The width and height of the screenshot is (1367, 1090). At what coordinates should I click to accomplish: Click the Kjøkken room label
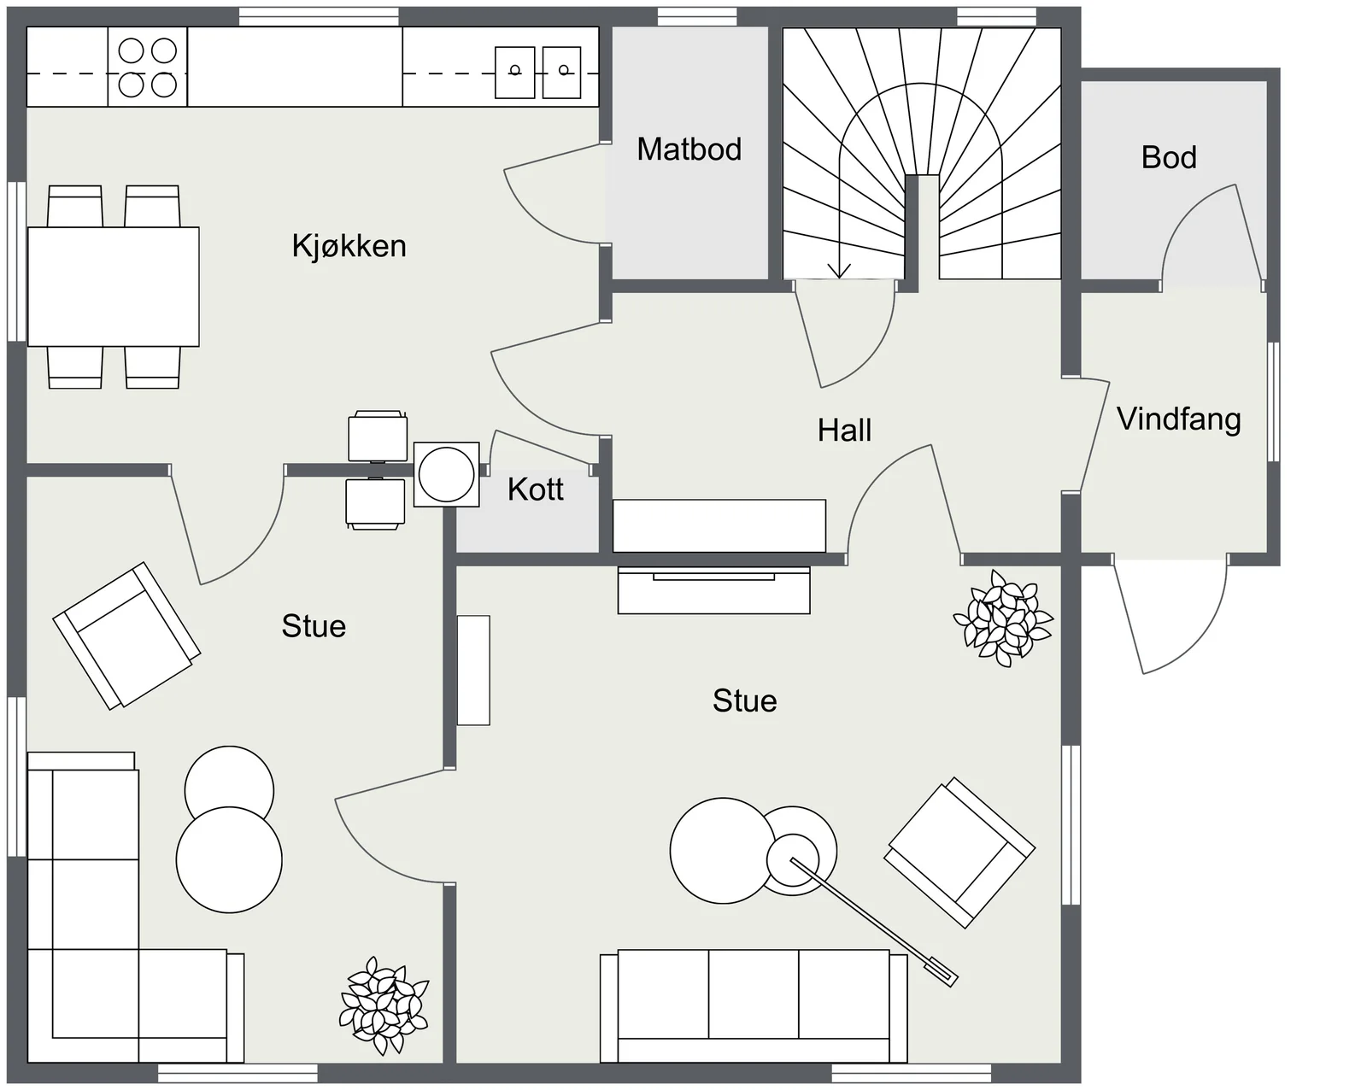point(349,247)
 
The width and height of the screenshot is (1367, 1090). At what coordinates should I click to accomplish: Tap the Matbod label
point(689,149)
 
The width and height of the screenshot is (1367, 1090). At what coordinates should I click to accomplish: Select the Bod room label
point(1169,157)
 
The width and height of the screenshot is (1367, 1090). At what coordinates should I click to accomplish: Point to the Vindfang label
point(1179,419)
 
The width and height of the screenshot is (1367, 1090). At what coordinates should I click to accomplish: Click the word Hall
point(844,431)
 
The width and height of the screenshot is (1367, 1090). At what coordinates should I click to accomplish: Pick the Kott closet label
point(536,489)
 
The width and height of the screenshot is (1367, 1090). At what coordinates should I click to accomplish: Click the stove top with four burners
point(147,67)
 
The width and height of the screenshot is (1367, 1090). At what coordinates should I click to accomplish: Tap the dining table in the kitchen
point(113,286)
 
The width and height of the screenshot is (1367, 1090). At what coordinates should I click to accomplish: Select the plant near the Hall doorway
point(1002,618)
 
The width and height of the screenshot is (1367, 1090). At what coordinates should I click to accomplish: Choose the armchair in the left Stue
point(126,636)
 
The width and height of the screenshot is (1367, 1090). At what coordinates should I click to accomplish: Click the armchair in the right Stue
point(959,853)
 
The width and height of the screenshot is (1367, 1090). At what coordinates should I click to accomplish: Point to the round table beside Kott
point(447,474)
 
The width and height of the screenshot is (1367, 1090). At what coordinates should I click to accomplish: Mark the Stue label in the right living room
point(744,701)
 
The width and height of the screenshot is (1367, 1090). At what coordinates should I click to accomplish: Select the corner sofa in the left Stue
point(135,907)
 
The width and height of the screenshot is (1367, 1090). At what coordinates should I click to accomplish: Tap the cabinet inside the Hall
point(719,526)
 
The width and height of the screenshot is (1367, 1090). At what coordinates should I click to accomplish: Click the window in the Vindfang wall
point(1273,401)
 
